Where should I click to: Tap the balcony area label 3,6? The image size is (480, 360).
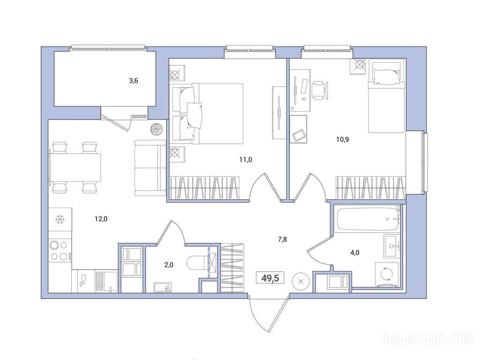(x=134, y=81)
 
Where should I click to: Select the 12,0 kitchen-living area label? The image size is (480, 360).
(x=101, y=219)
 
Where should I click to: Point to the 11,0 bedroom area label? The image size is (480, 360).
(x=246, y=159)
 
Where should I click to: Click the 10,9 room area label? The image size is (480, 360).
(x=343, y=140)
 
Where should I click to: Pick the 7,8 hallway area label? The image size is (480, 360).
(x=282, y=240)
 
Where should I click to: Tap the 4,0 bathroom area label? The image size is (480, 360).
(x=355, y=253)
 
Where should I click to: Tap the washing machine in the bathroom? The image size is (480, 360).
(x=387, y=274)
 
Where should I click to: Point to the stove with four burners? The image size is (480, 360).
(x=60, y=250)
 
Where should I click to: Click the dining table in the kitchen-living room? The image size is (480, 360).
(x=75, y=167)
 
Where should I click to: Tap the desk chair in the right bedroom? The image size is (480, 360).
(x=320, y=90)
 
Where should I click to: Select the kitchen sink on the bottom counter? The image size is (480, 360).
(x=106, y=281)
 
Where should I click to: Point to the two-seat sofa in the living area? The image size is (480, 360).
(x=150, y=168)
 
